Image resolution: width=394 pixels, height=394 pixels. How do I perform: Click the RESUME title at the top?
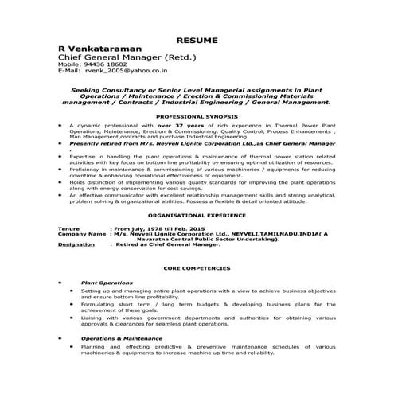(196, 39)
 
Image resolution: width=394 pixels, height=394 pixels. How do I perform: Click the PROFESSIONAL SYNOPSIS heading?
(196, 116)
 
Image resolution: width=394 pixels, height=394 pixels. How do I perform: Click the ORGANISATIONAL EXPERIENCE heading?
(196, 215)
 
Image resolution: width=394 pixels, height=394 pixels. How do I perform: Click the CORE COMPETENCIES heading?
(196, 269)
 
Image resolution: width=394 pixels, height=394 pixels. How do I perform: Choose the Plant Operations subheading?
(104, 283)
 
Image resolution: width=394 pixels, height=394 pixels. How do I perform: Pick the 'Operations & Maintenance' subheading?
(116, 338)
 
